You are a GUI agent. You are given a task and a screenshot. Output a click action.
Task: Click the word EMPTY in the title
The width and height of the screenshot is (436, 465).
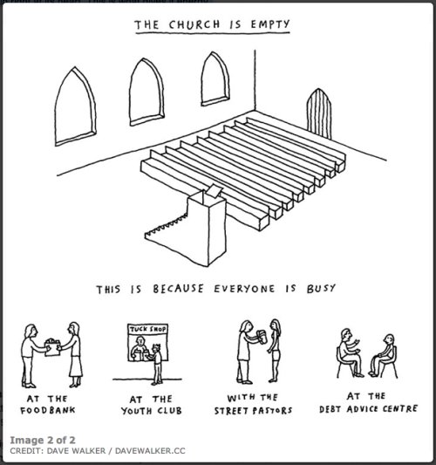(x=270, y=24)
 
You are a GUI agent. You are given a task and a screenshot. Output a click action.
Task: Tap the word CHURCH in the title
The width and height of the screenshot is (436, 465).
(x=194, y=24)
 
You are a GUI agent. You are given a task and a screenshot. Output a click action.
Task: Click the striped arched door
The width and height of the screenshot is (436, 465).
(x=319, y=114)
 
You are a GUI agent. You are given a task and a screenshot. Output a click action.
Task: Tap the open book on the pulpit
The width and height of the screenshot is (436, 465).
(x=214, y=190)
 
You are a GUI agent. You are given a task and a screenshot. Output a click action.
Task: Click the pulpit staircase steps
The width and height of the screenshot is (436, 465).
(x=166, y=226)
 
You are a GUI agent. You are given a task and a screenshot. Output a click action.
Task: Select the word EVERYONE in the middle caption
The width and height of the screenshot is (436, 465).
(x=244, y=289)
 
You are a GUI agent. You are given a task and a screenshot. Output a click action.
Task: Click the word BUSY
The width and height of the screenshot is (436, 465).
(x=321, y=288)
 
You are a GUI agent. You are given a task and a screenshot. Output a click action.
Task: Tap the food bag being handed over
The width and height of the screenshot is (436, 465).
(x=52, y=347)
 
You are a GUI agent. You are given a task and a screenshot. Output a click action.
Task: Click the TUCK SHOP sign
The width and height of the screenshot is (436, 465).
(x=147, y=329)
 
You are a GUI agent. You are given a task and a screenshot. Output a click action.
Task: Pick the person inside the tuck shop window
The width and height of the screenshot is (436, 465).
(x=139, y=348)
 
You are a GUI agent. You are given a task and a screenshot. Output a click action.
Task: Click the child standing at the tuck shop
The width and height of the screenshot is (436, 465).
(x=157, y=364)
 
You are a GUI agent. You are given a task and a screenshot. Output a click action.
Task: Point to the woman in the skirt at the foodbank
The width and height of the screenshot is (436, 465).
(x=73, y=354)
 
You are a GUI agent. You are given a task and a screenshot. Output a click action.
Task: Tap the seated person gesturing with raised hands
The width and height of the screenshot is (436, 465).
(x=349, y=352)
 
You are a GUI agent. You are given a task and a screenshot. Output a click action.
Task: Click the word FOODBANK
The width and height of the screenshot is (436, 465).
(x=48, y=410)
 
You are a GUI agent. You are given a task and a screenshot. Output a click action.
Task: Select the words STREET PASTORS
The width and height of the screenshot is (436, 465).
(x=253, y=411)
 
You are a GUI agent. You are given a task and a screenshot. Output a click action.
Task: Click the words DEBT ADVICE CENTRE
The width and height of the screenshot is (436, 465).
(x=369, y=409)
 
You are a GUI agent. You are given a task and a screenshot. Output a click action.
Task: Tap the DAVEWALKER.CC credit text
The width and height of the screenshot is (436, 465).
(x=150, y=451)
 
